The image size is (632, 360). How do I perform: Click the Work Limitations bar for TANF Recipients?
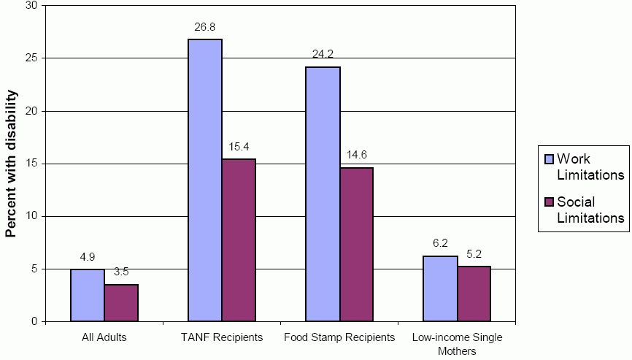coord(205,180)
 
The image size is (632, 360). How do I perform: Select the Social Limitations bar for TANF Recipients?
coord(239,240)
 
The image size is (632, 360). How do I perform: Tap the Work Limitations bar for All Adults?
coord(88,296)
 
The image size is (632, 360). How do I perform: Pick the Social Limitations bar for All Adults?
coord(121,303)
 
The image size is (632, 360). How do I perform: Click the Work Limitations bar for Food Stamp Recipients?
coord(323,194)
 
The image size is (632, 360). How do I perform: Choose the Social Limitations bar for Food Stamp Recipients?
coord(356,245)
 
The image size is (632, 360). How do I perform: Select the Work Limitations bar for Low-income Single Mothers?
coord(440,288)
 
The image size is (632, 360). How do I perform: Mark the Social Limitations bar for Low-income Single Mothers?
coord(474,294)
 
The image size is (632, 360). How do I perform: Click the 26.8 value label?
coord(205,28)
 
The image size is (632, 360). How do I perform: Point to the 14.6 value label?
coord(356,156)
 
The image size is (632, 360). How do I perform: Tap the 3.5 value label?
coord(121,272)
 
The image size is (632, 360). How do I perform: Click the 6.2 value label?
coord(440,245)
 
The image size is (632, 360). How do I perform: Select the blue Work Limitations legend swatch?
coord(548,159)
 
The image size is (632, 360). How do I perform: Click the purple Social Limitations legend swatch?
coord(548,202)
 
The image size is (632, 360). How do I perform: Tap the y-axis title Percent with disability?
coord(11,164)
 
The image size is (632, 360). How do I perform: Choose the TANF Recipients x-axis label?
coord(222,338)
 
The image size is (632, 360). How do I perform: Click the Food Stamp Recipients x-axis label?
coord(339,338)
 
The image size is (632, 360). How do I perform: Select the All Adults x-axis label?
coord(104,338)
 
